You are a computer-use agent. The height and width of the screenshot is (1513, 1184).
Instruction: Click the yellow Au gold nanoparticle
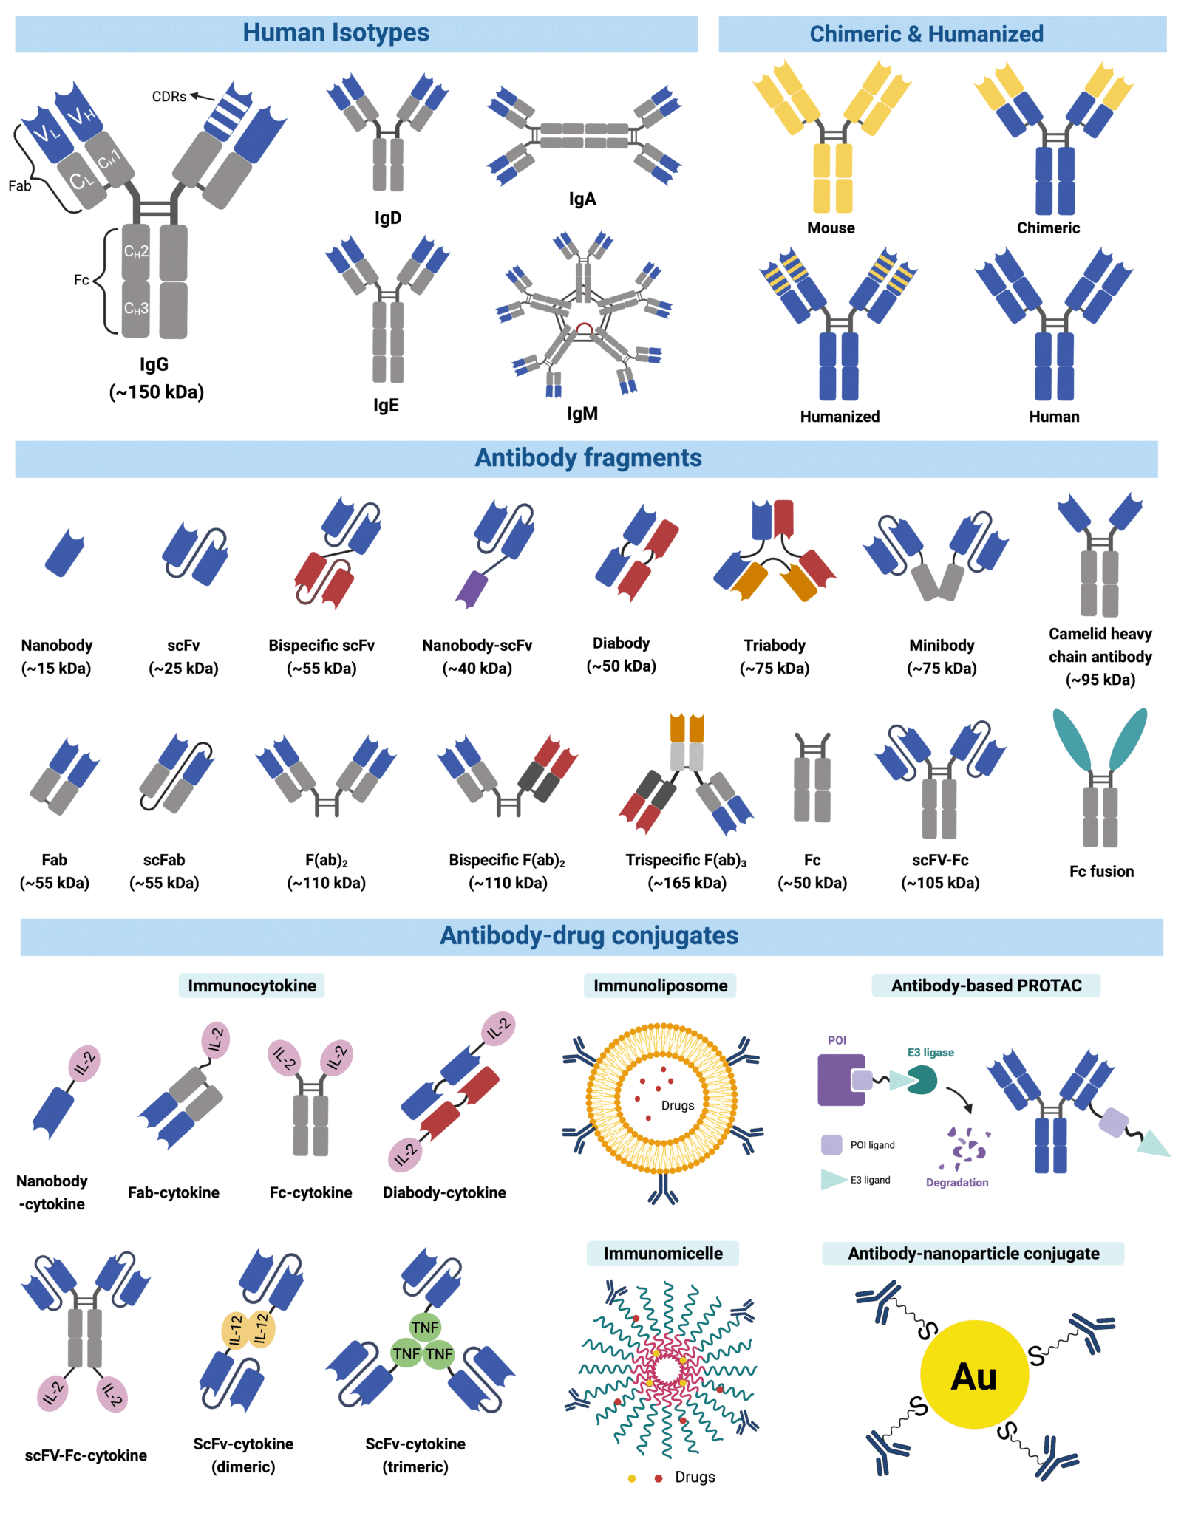point(973,1375)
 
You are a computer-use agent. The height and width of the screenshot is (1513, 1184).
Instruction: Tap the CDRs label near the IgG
point(169,97)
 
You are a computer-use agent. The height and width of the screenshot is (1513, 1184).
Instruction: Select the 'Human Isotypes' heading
point(336,33)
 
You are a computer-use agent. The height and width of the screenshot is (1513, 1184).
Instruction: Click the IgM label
point(582,414)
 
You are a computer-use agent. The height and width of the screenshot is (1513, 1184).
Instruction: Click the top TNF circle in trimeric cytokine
point(425,1327)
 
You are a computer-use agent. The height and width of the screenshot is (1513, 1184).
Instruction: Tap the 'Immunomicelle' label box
point(662,1253)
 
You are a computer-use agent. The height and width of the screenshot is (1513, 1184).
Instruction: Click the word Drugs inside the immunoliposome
point(677,1105)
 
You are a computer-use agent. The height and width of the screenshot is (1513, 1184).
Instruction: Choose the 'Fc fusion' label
point(1100,871)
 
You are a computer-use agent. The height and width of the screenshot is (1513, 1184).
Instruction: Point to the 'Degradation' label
point(956,1182)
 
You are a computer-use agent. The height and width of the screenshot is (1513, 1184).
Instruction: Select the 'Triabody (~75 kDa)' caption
point(774,656)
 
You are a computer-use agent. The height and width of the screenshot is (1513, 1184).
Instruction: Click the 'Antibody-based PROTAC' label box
point(985,986)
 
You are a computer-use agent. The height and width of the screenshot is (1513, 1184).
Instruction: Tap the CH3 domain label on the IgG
point(136,308)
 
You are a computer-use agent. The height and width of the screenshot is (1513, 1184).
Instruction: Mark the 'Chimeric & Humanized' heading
point(926,34)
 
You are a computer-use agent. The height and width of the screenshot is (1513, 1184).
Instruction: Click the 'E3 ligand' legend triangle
point(833,1179)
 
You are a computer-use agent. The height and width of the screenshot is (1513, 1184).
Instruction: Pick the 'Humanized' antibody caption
point(839,417)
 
